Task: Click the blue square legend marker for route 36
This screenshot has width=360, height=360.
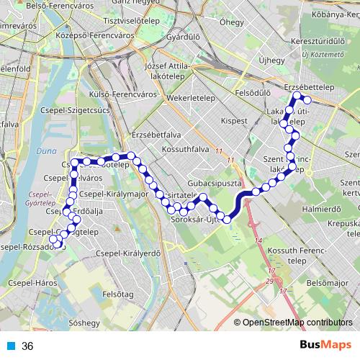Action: [x=10, y=346]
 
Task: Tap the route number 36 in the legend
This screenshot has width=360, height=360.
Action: [x=27, y=346]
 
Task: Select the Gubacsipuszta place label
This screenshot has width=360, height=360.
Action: [x=213, y=184]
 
